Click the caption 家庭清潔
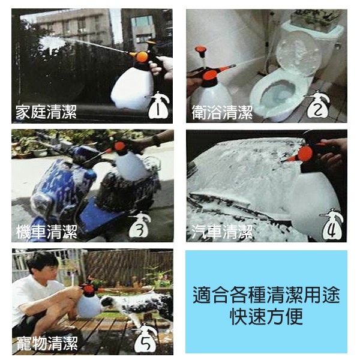[46, 112]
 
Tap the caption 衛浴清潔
[222, 112]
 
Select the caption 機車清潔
[47, 232]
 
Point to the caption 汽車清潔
[222, 232]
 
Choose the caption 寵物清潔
[47, 343]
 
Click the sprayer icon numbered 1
[158, 105]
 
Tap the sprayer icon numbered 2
[317, 104]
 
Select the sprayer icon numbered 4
[332, 224]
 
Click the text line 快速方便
[266, 317]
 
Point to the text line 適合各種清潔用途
[266, 295]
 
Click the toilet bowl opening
[278, 92]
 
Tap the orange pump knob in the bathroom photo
[200, 50]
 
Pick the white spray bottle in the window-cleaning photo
[133, 88]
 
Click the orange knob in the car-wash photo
[305, 154]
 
